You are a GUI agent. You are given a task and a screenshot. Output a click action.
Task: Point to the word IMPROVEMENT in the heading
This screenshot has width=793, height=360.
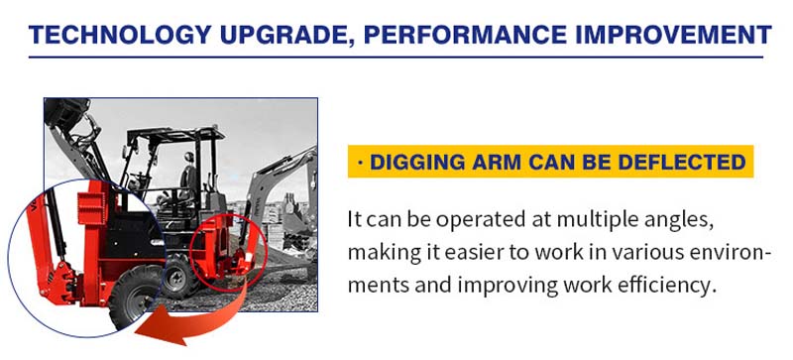[673, 36]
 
